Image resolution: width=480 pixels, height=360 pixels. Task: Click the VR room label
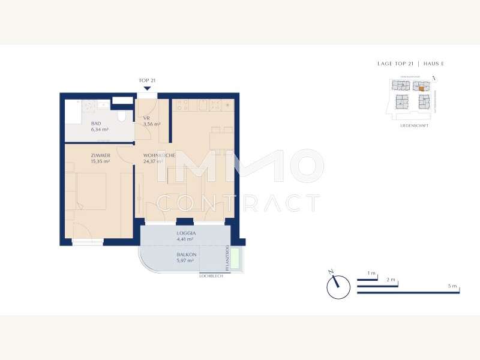click(146, 118)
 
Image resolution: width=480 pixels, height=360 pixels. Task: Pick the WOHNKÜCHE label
click(159, 155)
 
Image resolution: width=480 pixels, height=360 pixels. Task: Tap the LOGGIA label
click(186, 233)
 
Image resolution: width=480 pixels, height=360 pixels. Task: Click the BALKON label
click(185, 254)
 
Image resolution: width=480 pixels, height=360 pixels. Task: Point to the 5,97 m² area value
click(185, 260)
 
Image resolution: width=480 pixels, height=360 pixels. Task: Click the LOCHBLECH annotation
click(211, 276)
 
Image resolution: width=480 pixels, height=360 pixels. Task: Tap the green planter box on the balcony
click(236, 259)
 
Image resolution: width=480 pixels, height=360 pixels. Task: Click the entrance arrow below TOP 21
click(147, 88)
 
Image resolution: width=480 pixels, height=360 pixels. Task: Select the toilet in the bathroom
click(123, 115)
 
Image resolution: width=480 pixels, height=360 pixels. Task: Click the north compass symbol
click(338, 286)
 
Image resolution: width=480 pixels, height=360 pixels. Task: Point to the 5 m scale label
click(452, 286)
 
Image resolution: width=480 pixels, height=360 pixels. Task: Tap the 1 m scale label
click(372, 274)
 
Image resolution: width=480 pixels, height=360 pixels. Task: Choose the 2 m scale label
click(391, 280)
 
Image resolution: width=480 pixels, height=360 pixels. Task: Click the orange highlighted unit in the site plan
click(421, 88)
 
